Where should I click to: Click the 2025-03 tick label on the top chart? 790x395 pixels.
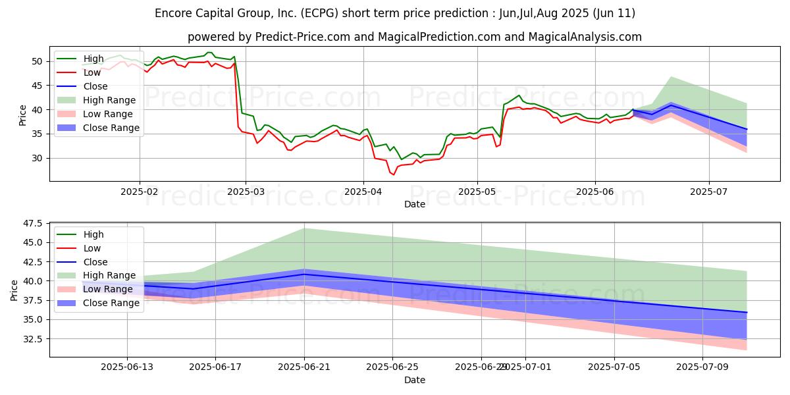(246, 192)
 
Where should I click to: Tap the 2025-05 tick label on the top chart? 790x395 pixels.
(477, 192)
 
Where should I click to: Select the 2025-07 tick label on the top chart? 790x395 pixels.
(709, 192)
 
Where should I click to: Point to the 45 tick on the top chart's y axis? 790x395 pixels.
(37, 86)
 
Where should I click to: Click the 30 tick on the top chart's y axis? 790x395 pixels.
(37, 159)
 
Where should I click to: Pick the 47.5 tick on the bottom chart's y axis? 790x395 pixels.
(33, 224)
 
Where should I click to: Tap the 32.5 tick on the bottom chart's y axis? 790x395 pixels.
(33, 339)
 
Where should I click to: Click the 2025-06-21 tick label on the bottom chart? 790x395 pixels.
(304, 367)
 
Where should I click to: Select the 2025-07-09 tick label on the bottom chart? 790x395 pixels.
(702, 367)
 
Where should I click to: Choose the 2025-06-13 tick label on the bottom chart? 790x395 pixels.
(127, 367)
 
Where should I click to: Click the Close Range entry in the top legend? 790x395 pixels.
(98, 128)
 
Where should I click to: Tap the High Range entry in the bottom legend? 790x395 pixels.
(96, 275)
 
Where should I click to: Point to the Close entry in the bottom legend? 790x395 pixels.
(82, 262)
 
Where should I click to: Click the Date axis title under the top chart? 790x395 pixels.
(415, 204)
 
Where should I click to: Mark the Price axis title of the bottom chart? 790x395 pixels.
(14, 290)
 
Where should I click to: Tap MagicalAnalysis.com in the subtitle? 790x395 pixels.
(585, 37)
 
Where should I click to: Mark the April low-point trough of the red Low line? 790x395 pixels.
(394, 174)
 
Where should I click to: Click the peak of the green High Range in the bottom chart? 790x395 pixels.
(304, 228)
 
